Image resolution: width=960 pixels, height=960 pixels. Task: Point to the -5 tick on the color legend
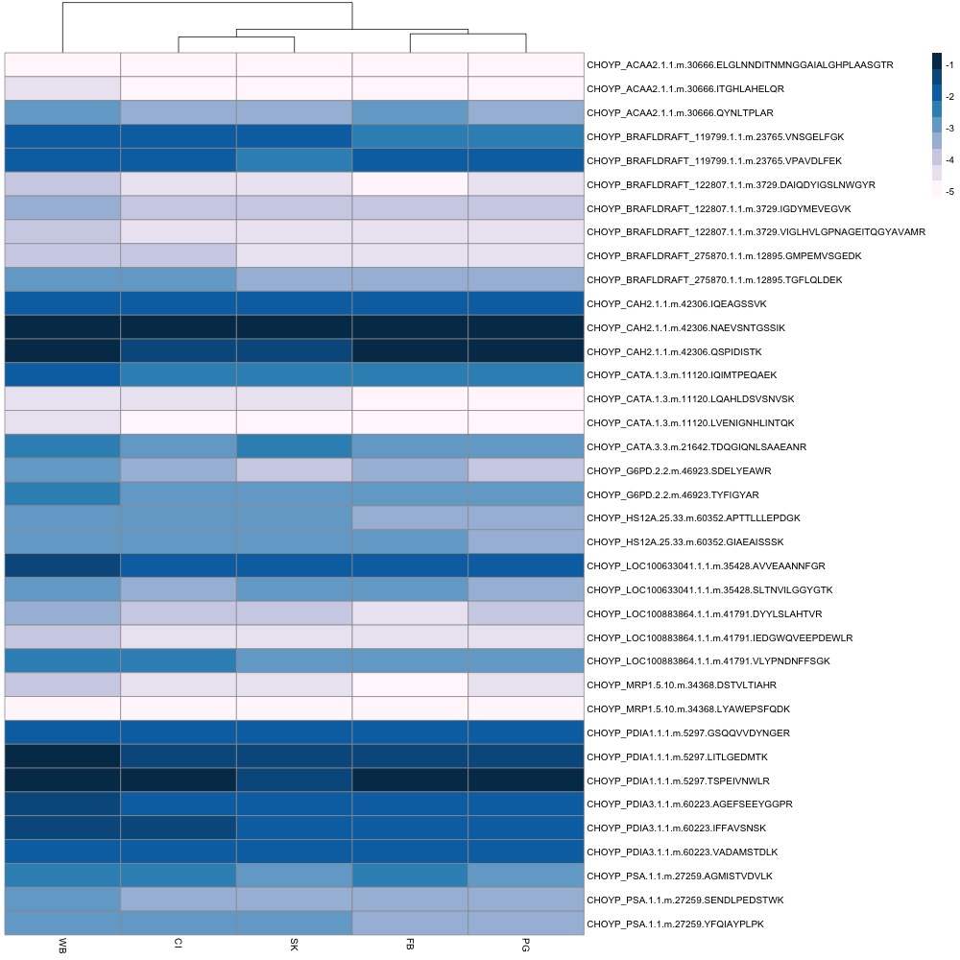click(x=950, y=192)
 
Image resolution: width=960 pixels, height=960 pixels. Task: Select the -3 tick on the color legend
click(x=950, y=129)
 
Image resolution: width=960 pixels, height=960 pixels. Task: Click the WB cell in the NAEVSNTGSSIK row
click(x=62, y=327)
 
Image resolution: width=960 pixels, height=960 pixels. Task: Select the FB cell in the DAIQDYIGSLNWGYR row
click(x=410, y=184)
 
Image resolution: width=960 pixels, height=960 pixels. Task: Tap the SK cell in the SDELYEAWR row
click(x=294, y=470)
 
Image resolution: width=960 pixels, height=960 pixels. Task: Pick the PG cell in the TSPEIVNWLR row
click(x=526, y=780)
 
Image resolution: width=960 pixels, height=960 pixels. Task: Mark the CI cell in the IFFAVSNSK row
click(x=179, y=828)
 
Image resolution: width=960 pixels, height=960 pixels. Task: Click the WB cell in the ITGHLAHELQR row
click(x=62, y=88)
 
